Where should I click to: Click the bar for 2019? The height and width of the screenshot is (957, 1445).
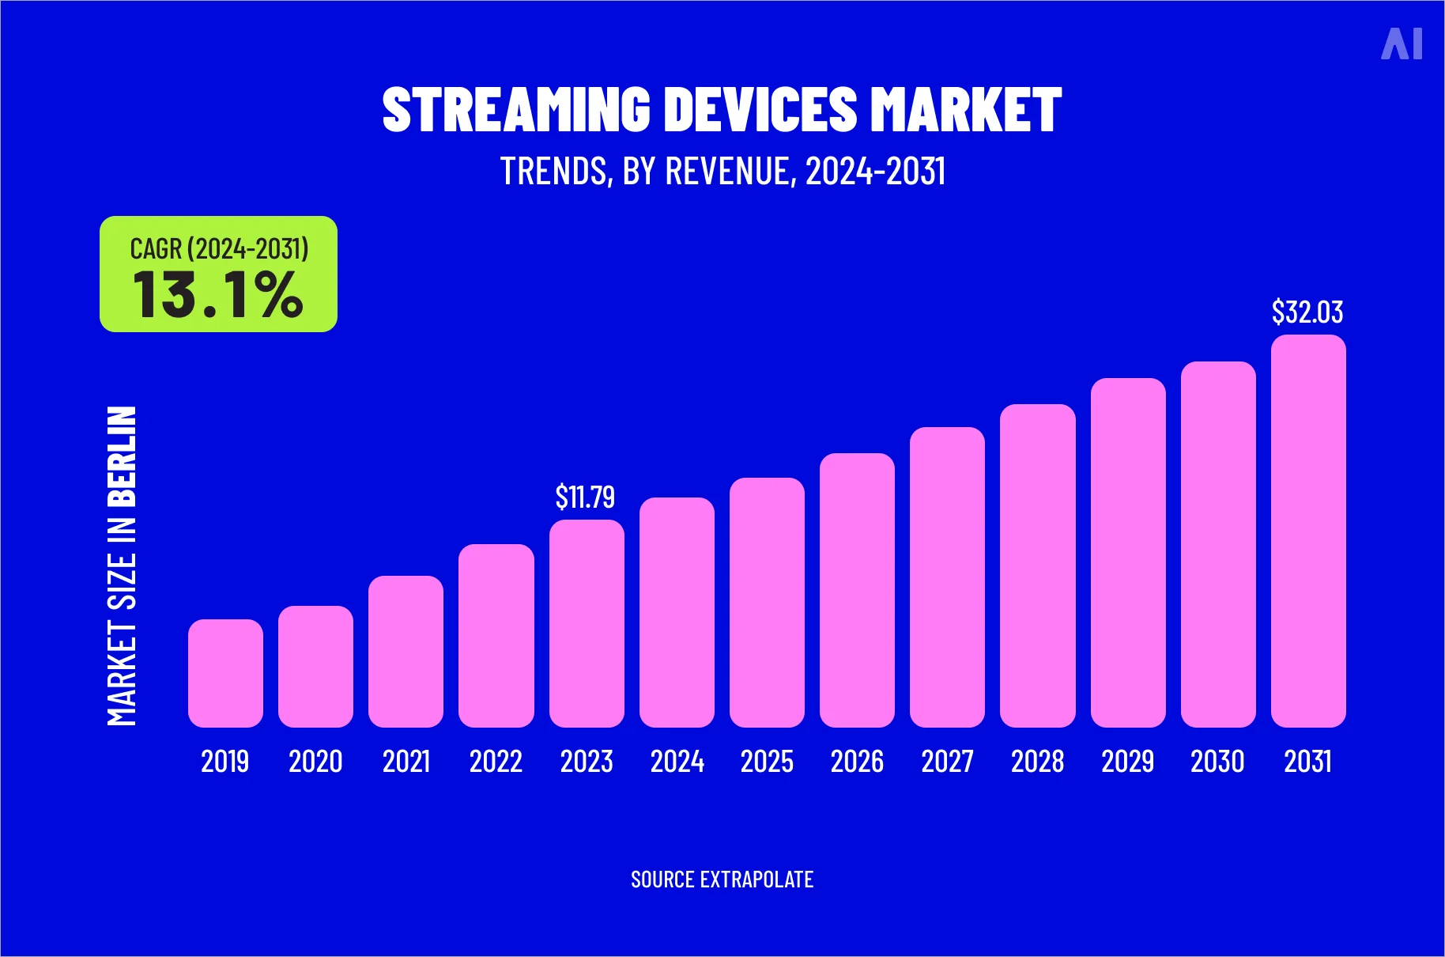point(225,673)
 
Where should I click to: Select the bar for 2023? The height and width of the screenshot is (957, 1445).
point(587,623)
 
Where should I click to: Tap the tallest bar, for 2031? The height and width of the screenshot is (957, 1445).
point(1308,531)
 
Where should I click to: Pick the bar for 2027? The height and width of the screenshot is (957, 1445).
point(947,577)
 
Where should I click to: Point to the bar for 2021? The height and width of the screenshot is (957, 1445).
point(406,651)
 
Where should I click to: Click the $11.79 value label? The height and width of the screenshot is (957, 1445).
point(585,497)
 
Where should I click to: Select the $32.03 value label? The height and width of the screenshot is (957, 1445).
point(1307,312)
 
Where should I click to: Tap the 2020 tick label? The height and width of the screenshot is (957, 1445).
point(315,762)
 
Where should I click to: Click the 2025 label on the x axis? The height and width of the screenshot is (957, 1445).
point(767,762)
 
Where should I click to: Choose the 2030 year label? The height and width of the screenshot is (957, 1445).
point(1217,762)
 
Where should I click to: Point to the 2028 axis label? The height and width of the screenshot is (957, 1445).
point(1037,762)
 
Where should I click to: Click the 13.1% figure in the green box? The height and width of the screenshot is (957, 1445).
point(218,295)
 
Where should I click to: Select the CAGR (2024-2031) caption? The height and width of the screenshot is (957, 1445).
point(219,248)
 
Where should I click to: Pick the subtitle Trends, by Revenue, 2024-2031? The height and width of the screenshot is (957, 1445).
point(722,171)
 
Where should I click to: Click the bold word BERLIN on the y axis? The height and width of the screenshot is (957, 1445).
point(122,456)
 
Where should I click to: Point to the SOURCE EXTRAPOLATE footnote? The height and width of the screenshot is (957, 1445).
point(722,879)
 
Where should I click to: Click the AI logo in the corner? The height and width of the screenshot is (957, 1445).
point(1402,43)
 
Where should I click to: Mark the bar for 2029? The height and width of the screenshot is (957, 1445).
point(1128,553)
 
